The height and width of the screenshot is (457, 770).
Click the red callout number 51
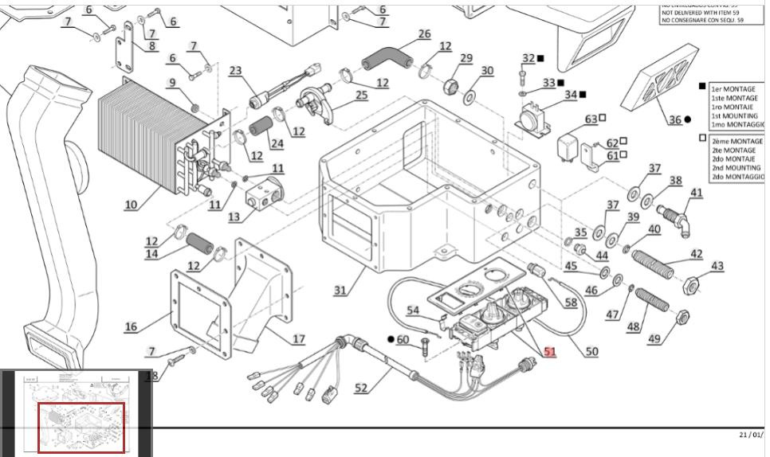550,351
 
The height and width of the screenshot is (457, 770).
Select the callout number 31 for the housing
340,290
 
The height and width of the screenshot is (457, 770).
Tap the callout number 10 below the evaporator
131,205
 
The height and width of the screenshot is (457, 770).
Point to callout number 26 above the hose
424,34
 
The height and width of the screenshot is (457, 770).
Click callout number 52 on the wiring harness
361,388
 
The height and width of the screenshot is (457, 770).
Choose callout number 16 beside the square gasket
131,326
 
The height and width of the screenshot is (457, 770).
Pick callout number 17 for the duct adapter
298,339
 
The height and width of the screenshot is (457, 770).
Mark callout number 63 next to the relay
591,119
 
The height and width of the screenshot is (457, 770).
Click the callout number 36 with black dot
675,119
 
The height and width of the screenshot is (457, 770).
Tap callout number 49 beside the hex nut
654,339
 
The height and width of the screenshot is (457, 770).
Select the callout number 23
235,71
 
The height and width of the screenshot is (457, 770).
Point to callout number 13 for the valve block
234,217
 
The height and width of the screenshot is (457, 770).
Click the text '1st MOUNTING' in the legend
734,115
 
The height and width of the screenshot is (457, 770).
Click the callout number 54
413,310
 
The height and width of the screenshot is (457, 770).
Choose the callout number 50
591,351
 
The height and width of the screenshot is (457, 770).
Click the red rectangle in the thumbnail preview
82,428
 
